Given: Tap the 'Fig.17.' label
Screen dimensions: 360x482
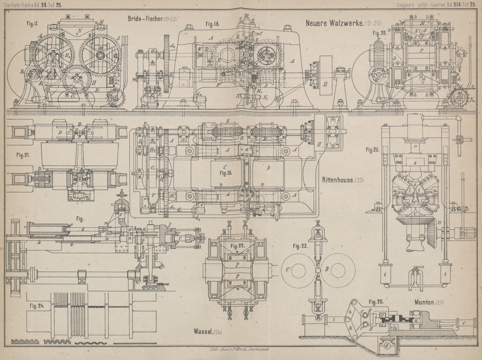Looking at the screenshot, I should [32, 23].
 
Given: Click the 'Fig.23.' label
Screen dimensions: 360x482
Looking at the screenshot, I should [300, 246].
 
